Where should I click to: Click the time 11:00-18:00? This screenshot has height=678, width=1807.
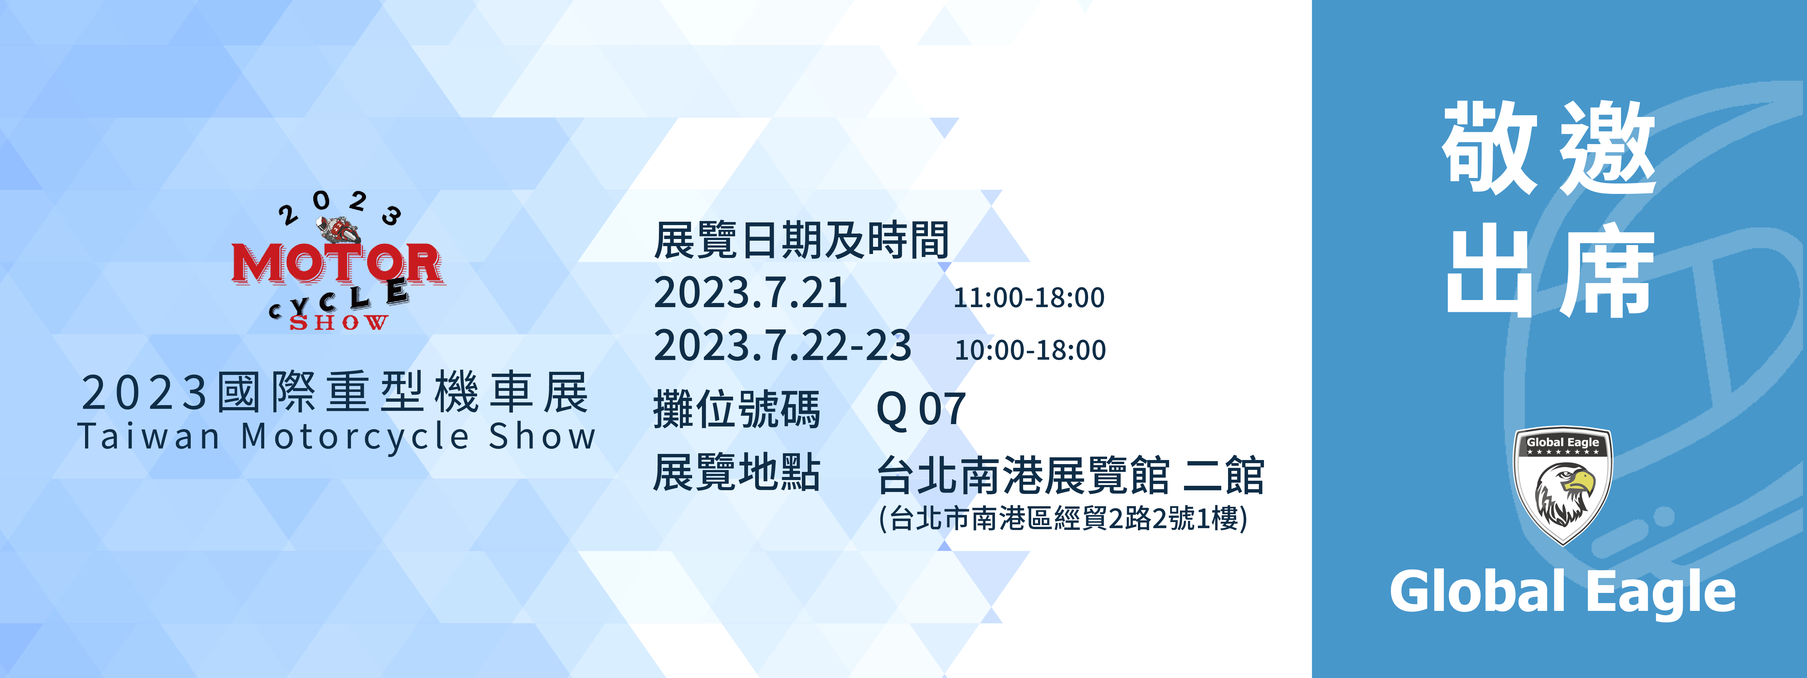click(x=1029, y=298)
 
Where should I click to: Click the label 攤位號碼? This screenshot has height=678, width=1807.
click(x=736, y=409)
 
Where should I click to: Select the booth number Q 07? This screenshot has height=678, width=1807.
click(x=921, y=409)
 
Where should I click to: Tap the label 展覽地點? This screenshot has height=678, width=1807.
click(x=736, y=472)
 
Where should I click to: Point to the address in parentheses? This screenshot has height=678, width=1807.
click(x=1063, y=519)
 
